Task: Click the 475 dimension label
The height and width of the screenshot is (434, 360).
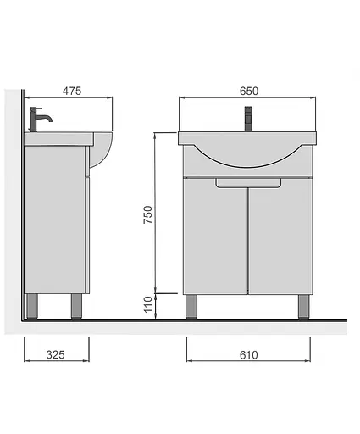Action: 72,91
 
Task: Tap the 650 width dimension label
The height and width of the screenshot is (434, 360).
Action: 249,91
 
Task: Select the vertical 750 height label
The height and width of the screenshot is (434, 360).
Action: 147,214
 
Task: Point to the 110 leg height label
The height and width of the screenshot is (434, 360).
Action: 147,304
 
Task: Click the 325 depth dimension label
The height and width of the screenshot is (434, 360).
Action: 55,355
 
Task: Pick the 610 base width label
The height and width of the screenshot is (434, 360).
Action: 248,355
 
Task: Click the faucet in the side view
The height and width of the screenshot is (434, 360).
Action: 40,120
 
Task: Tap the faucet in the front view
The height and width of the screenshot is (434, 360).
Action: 248,119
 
